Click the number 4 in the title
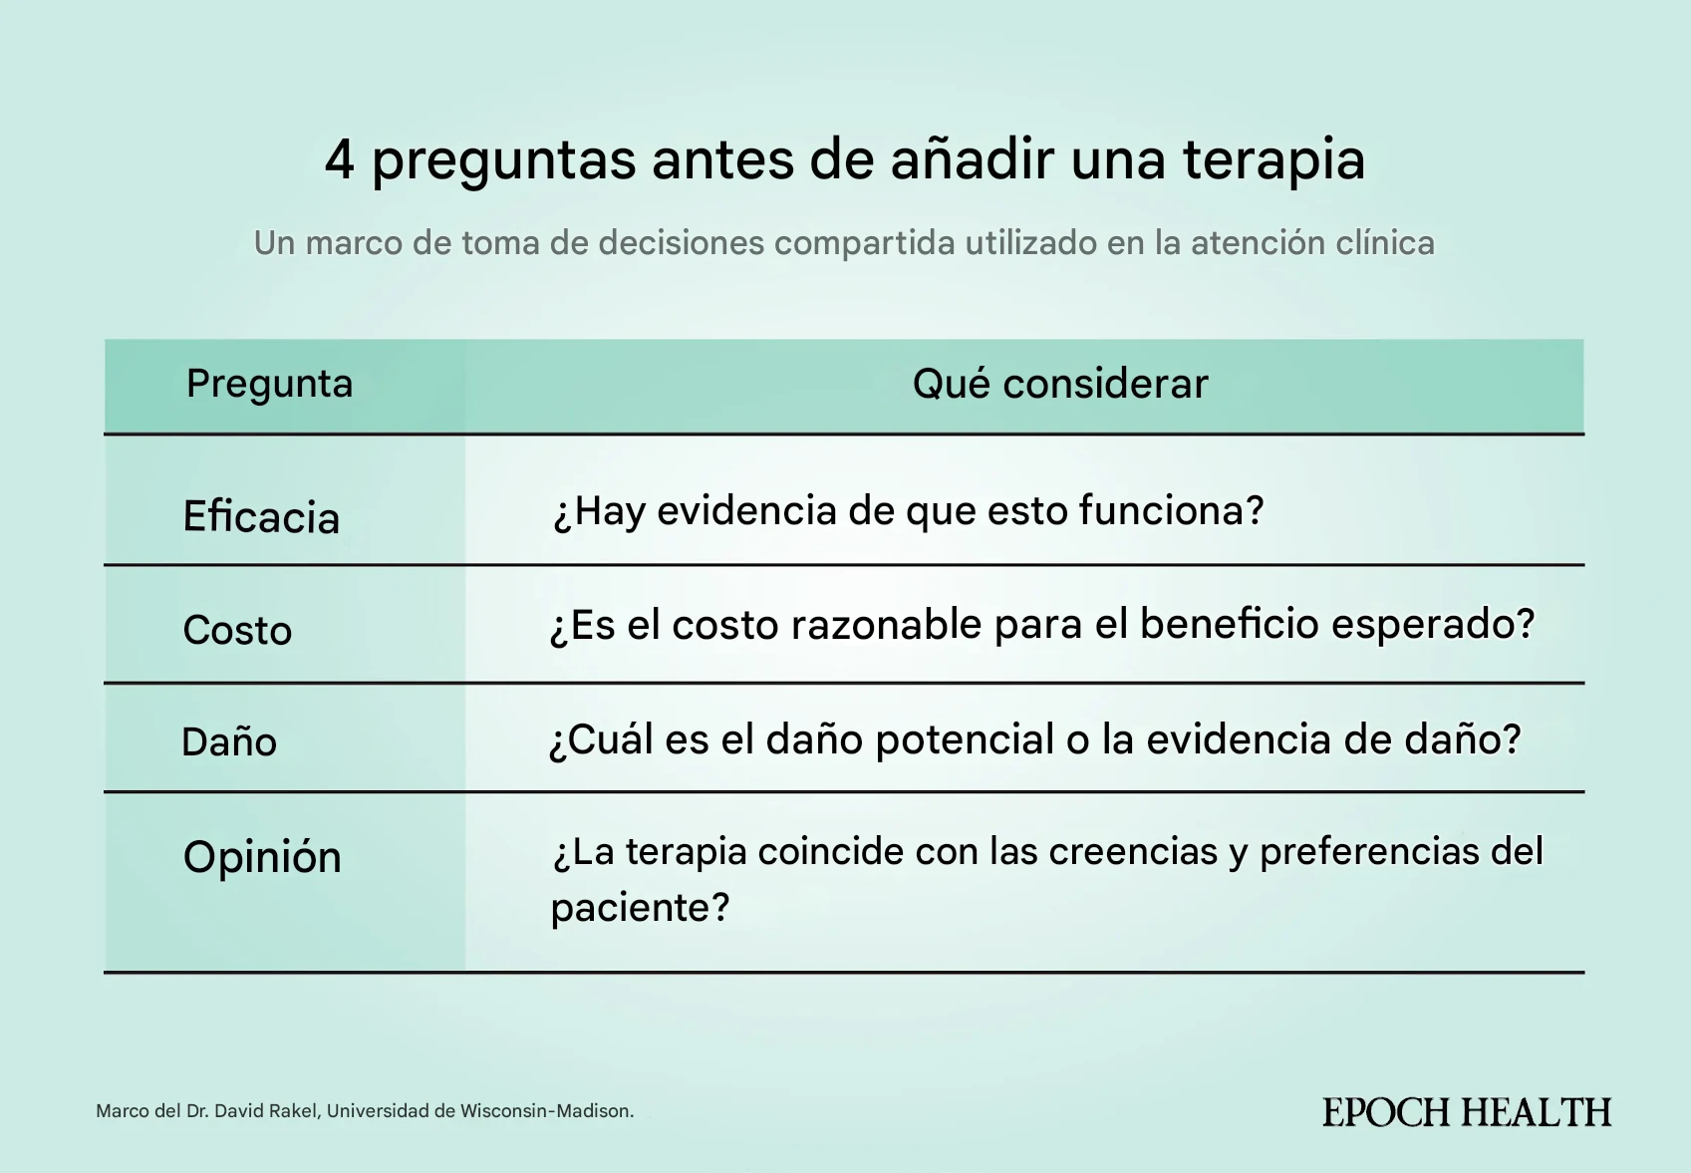[x=339, y=159]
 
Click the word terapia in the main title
[x=1273, y=161]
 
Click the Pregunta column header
[x=269, y=385]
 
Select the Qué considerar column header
[x=1060, y=384]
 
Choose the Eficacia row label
[x=261, y=516]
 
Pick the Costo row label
[x=237, y=630]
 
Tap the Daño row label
[x=229, y=740]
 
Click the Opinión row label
[x=262, y=857]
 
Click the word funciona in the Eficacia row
[x=1162, y=510]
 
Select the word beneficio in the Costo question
[x=1229, y=624]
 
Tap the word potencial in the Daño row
[x=964, y=739]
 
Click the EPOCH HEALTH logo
[x=1467, y=1112]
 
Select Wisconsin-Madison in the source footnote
[x=545, y=1111]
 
